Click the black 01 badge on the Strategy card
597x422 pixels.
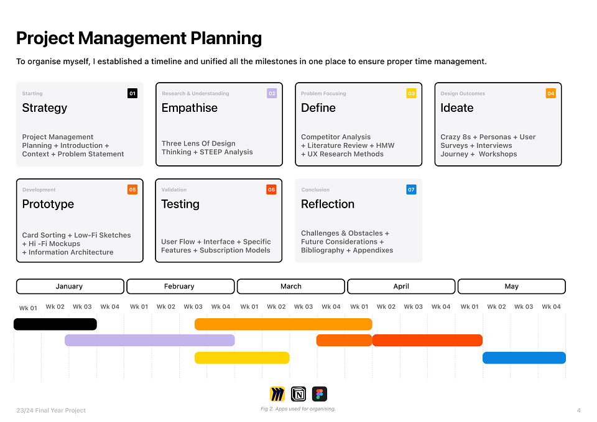132,93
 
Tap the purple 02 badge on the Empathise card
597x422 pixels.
272,93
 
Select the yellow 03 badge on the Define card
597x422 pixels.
411,93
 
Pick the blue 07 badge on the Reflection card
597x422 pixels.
411,190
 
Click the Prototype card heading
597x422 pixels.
48,204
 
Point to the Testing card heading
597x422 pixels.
180,204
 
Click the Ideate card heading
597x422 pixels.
457,108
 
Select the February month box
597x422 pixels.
180,286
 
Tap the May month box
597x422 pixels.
512,286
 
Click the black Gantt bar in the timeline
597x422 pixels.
55,324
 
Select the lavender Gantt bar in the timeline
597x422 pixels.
150,340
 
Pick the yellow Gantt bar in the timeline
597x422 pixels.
242,358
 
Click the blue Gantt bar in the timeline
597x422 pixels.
524,358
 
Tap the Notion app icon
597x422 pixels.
298,394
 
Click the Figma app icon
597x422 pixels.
320,394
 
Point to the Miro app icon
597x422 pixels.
277,394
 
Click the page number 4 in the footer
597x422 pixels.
579,410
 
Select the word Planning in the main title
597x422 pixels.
226,39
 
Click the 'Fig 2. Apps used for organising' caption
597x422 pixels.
298,409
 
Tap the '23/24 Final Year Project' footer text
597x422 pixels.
51,410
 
